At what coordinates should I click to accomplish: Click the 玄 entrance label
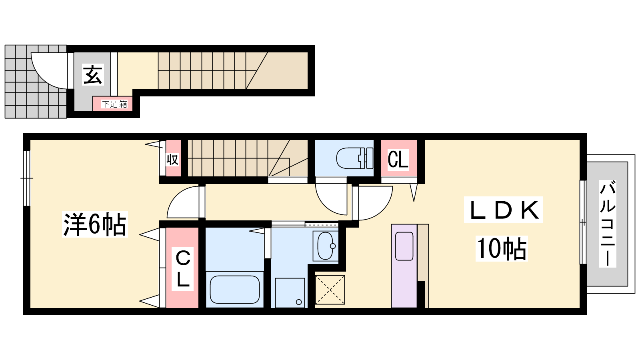[x=92, y=74]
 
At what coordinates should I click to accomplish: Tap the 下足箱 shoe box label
[x=114, y=104]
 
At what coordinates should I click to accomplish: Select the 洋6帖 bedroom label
[x=94, y=224]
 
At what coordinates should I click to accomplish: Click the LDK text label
[x=503, y=210]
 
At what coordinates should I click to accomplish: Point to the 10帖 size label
[x=502, y=248]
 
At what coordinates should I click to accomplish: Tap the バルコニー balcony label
[x=608, y=224]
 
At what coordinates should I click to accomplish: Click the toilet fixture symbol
[x=354, y=158]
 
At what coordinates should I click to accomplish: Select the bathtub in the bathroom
[x=234, y=290]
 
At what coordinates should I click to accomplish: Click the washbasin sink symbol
[x=326, y=246]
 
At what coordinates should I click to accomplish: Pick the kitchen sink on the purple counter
[x=404, y=246]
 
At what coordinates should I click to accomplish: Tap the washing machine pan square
[x=290, y=293]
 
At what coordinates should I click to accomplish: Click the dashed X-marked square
[x=330, y=290]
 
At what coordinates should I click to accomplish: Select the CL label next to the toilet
[x=398, y=160]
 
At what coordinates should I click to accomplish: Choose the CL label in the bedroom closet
[x=182, y=268]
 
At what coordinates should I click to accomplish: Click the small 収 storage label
[x=172, y=160]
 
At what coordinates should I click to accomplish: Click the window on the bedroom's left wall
[x=26, y=178]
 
